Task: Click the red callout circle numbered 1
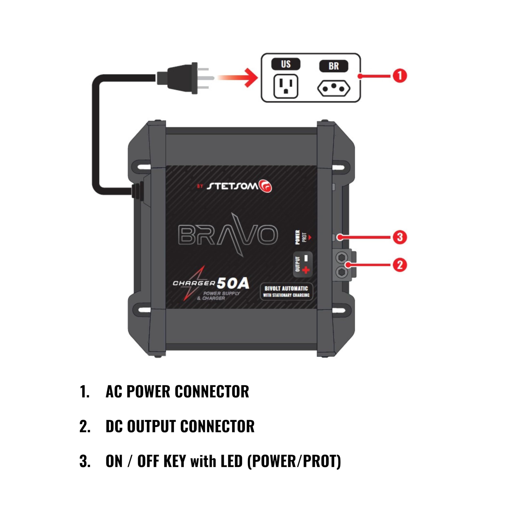coord(400,76)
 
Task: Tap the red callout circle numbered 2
coord(400,265)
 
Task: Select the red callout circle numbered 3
coord(400,237)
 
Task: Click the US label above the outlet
coord(286,64)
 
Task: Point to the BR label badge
coord(333,66)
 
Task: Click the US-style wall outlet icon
coord(286,86)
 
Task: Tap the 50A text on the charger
coord(233,283)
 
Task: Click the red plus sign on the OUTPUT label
coord(306,270)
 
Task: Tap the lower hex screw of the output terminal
coord(342,272)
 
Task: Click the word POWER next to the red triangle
coord(298,237)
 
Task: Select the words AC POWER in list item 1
coord(138,391)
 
